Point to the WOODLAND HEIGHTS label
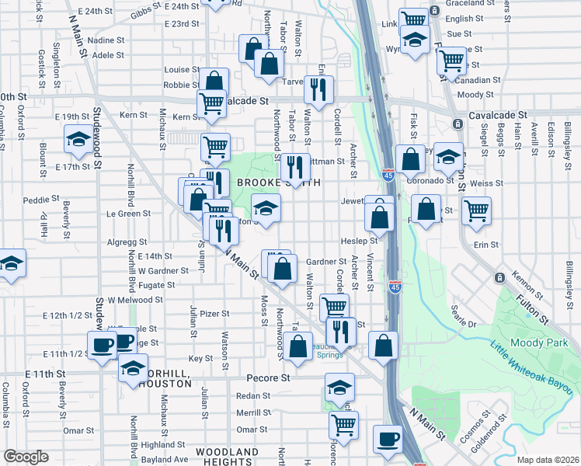226,457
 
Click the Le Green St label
128,213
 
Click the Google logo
26,457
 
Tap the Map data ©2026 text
548,460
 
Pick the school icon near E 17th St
78,139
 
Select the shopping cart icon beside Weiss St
475,210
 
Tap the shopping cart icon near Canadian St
451,61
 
